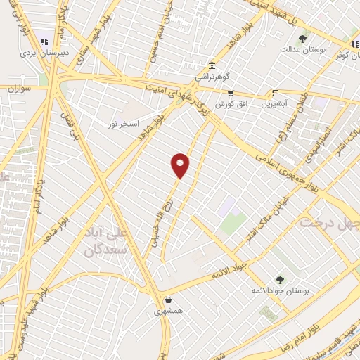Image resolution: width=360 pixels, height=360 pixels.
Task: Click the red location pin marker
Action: tap(181, 165)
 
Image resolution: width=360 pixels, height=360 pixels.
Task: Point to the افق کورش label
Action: tap(224, 103)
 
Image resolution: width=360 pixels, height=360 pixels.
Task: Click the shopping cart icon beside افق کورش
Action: tap(230, 93)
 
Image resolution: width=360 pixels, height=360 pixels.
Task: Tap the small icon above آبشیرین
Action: tap(276, 92)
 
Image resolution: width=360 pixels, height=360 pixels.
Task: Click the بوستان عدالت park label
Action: tap(301, 49)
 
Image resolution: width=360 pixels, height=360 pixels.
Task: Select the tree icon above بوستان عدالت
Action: tap(302, 39)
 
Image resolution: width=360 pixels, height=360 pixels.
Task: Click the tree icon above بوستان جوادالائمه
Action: tap(280, 279)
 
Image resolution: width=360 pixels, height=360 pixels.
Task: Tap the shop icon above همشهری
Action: tap(169, 298)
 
